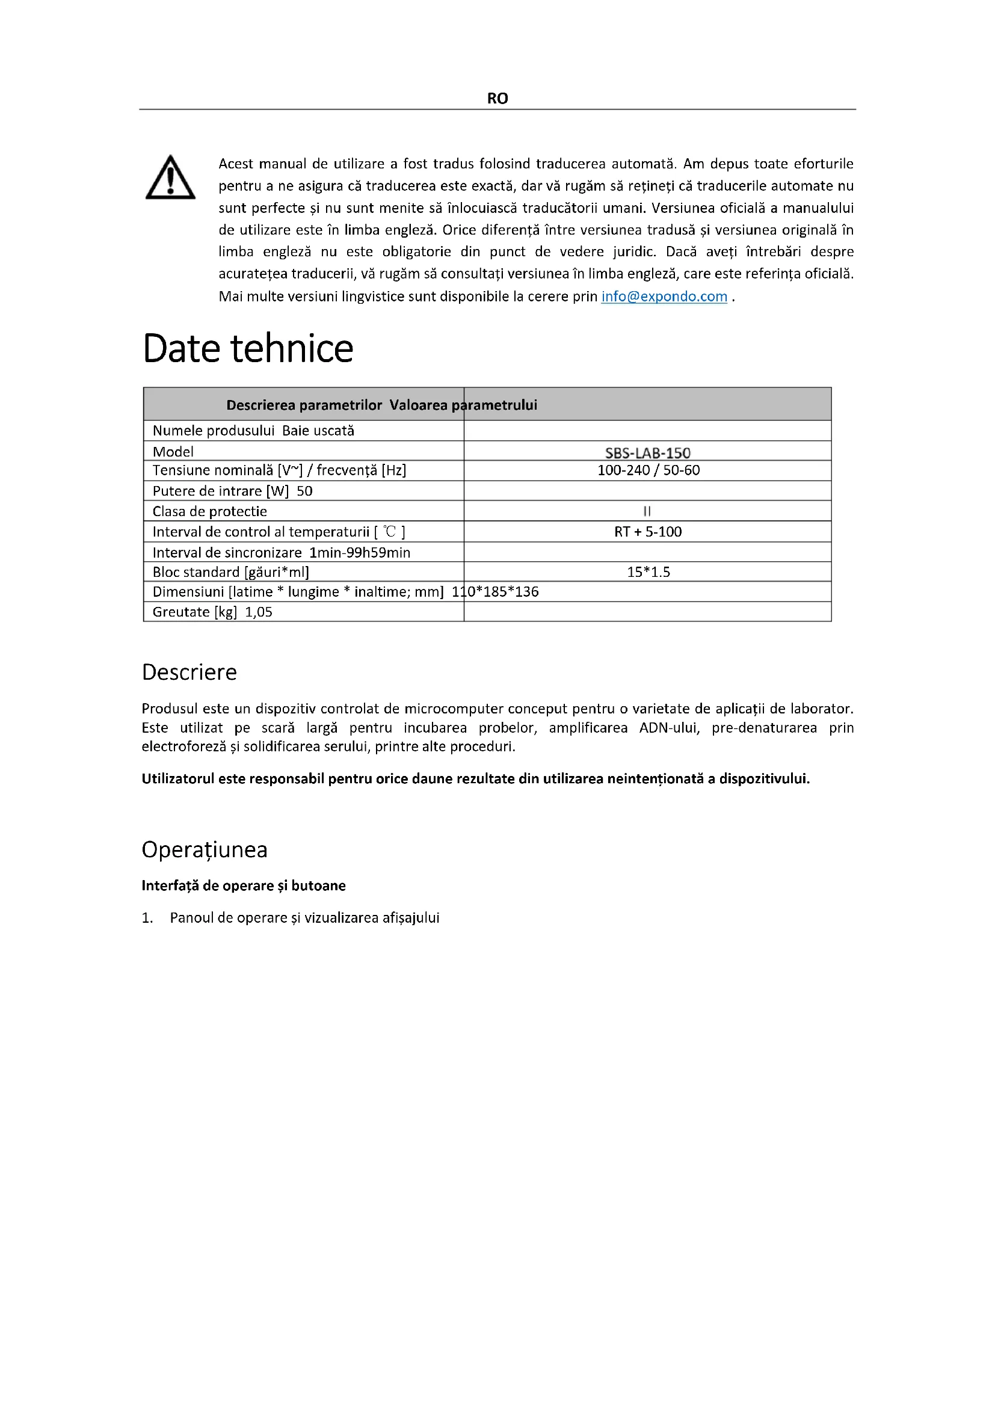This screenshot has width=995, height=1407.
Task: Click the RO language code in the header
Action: [x=497, y=99]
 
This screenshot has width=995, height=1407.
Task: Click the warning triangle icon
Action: [x=170, y=177]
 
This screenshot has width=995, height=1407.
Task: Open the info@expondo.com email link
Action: [x=664, y=297]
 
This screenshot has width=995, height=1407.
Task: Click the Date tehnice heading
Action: [x=247, y=349]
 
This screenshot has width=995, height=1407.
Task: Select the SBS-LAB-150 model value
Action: [x=647, y=453]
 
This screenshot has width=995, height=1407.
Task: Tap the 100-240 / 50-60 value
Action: [x=648, y=470]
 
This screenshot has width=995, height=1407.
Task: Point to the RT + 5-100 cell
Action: [x=648, y=531]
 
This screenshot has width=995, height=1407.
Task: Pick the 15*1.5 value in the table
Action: [x=648, y=571]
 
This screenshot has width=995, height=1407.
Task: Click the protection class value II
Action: [x=647, y=511]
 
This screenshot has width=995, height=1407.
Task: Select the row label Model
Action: [x=173, y=452]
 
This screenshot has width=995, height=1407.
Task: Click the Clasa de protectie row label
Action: [x=209, y=511]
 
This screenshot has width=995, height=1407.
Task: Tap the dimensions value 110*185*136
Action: [x=495, y=591]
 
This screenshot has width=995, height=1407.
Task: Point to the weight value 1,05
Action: [x=259, y=612]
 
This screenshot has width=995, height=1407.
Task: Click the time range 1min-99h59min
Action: [x=360, y=552]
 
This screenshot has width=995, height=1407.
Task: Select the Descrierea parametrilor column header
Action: [x=304, y=404]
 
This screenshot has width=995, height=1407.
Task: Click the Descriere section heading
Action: [x=189, y=673]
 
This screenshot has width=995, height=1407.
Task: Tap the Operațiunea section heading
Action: [x=205, y=849]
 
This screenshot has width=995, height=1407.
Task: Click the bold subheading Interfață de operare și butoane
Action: [x=243, y=885]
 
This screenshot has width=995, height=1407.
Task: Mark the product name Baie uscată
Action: [x=318, y=430]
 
